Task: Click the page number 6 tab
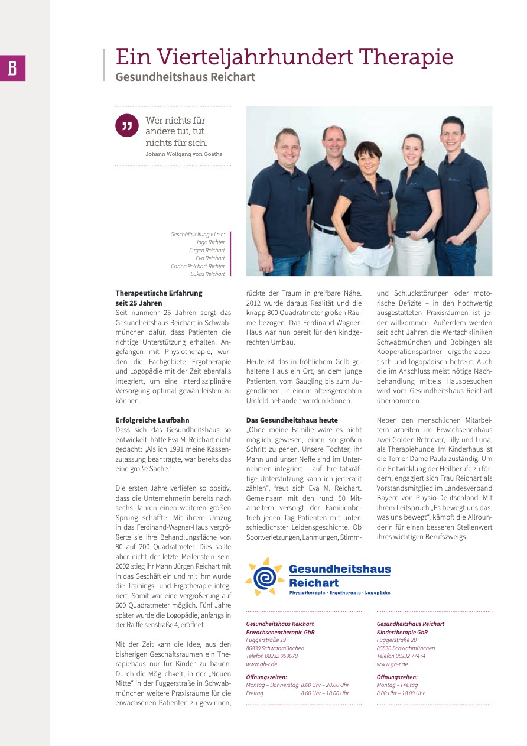tap(12, 69)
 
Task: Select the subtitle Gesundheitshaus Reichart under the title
tap(186, 77)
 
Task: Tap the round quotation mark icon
tap(126, 125)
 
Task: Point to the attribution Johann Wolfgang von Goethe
tap(184, 154)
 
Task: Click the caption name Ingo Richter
tap(210, 242)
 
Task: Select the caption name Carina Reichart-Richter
tap(198, 266)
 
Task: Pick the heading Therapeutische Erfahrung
tap(159, 293)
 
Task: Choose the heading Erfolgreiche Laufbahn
tap(152, 421)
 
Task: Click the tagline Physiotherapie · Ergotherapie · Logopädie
tap(339, 592)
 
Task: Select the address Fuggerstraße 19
tap(266, 640)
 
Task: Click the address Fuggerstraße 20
tap(396, 640)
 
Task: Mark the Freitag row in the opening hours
tap(297, 693)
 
